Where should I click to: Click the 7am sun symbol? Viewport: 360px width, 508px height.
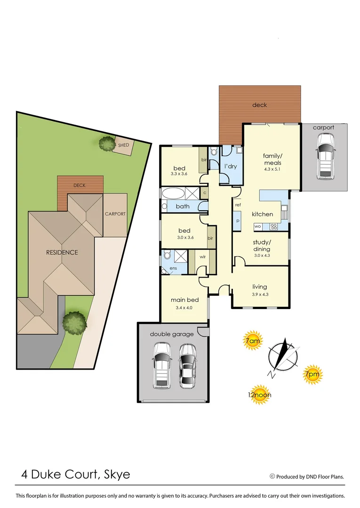[252, 341]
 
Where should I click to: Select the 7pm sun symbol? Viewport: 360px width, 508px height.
[312, 373]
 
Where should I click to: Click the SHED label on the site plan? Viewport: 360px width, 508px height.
[123, 145]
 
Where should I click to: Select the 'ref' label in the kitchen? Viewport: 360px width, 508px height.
[238, 205]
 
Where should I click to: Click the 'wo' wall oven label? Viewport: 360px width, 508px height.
[257, 226]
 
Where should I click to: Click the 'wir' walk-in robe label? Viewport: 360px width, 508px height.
[202, 257]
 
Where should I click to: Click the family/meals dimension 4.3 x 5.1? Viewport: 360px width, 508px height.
[272, 169]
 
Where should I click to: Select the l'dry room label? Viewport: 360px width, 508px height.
[230, 167]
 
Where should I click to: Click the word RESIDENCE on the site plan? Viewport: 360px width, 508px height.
[62, 252]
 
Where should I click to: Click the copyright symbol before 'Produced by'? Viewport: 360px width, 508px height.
[272, 476]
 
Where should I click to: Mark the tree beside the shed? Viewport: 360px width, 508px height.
[105, 143]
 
